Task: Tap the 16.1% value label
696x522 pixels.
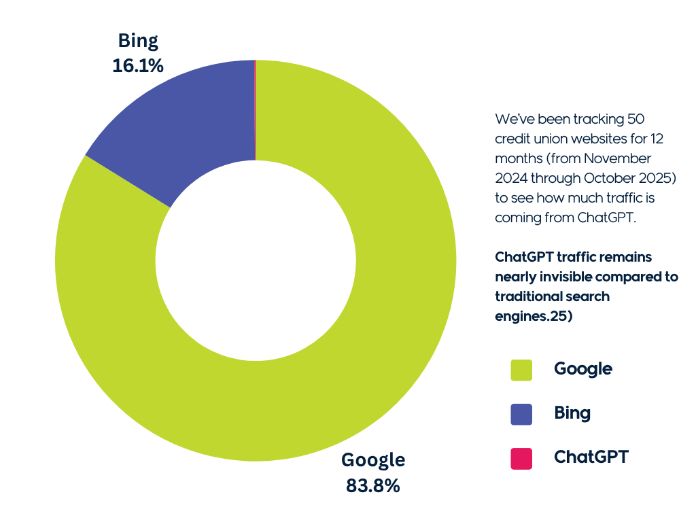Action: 138,65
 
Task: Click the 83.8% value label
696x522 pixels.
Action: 373,486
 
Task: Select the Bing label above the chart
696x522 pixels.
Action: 138,41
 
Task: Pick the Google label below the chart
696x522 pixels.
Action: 373,460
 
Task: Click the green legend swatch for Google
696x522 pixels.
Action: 521,370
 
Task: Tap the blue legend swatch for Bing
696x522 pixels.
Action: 521,413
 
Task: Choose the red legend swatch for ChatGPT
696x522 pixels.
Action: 521,457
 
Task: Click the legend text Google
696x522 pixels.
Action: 583,369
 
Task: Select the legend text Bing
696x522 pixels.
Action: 572,413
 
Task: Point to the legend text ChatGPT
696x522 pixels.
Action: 591,457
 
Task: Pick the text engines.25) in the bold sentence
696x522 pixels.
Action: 534,317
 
